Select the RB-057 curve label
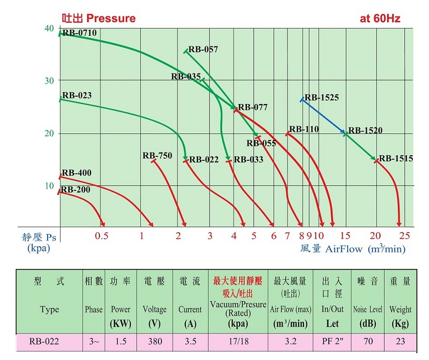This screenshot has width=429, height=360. (203, 50)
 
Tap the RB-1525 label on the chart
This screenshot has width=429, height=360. (321, 97)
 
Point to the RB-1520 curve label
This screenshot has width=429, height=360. (365, 130)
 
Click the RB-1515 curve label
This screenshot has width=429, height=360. (395, 158)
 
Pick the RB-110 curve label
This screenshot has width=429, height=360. (304, 129)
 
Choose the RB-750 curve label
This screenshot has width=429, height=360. (157, 156)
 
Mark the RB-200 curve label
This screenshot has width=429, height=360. (76, 190)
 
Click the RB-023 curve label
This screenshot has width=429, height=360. (77, 96)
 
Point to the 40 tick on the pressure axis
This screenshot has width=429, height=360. (49, 28)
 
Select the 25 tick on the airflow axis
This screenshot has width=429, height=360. (405, 236)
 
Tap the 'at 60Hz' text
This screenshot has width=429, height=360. (380, 19)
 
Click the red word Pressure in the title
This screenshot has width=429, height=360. (110, 19)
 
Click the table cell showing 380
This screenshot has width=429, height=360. (154, 341)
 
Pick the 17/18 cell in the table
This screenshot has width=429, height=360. (238, 341)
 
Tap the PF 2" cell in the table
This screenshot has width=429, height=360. (332, 341)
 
